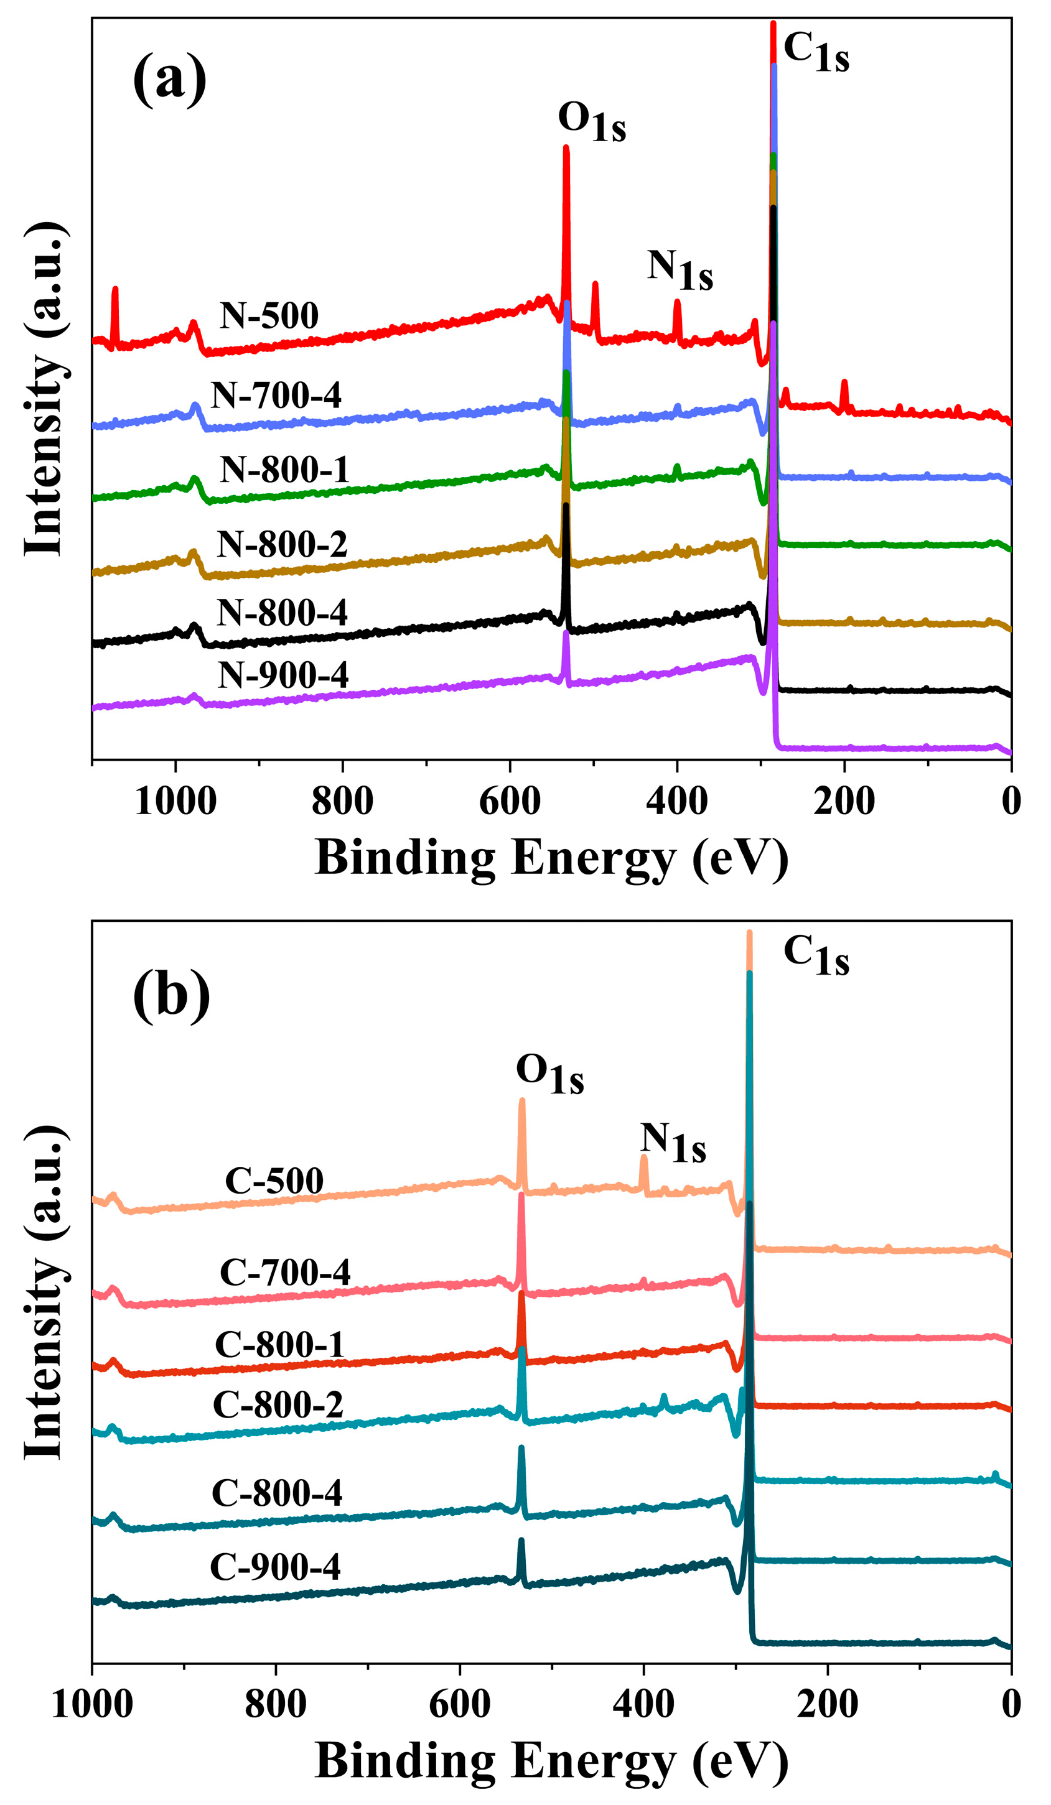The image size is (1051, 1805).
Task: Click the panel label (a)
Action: pos(170,80)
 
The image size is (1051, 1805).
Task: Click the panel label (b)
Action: pos(171,996)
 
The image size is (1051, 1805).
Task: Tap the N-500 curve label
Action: pos(269,315)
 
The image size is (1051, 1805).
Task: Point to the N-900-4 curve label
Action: pos(283,675)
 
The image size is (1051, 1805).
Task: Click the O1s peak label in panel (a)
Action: pos(592,122)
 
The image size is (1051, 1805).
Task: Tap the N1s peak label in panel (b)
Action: pos(673,1143)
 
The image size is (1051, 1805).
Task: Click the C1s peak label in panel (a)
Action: pos(816,52)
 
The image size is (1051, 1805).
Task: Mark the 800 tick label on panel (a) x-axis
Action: pos(342,800)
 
